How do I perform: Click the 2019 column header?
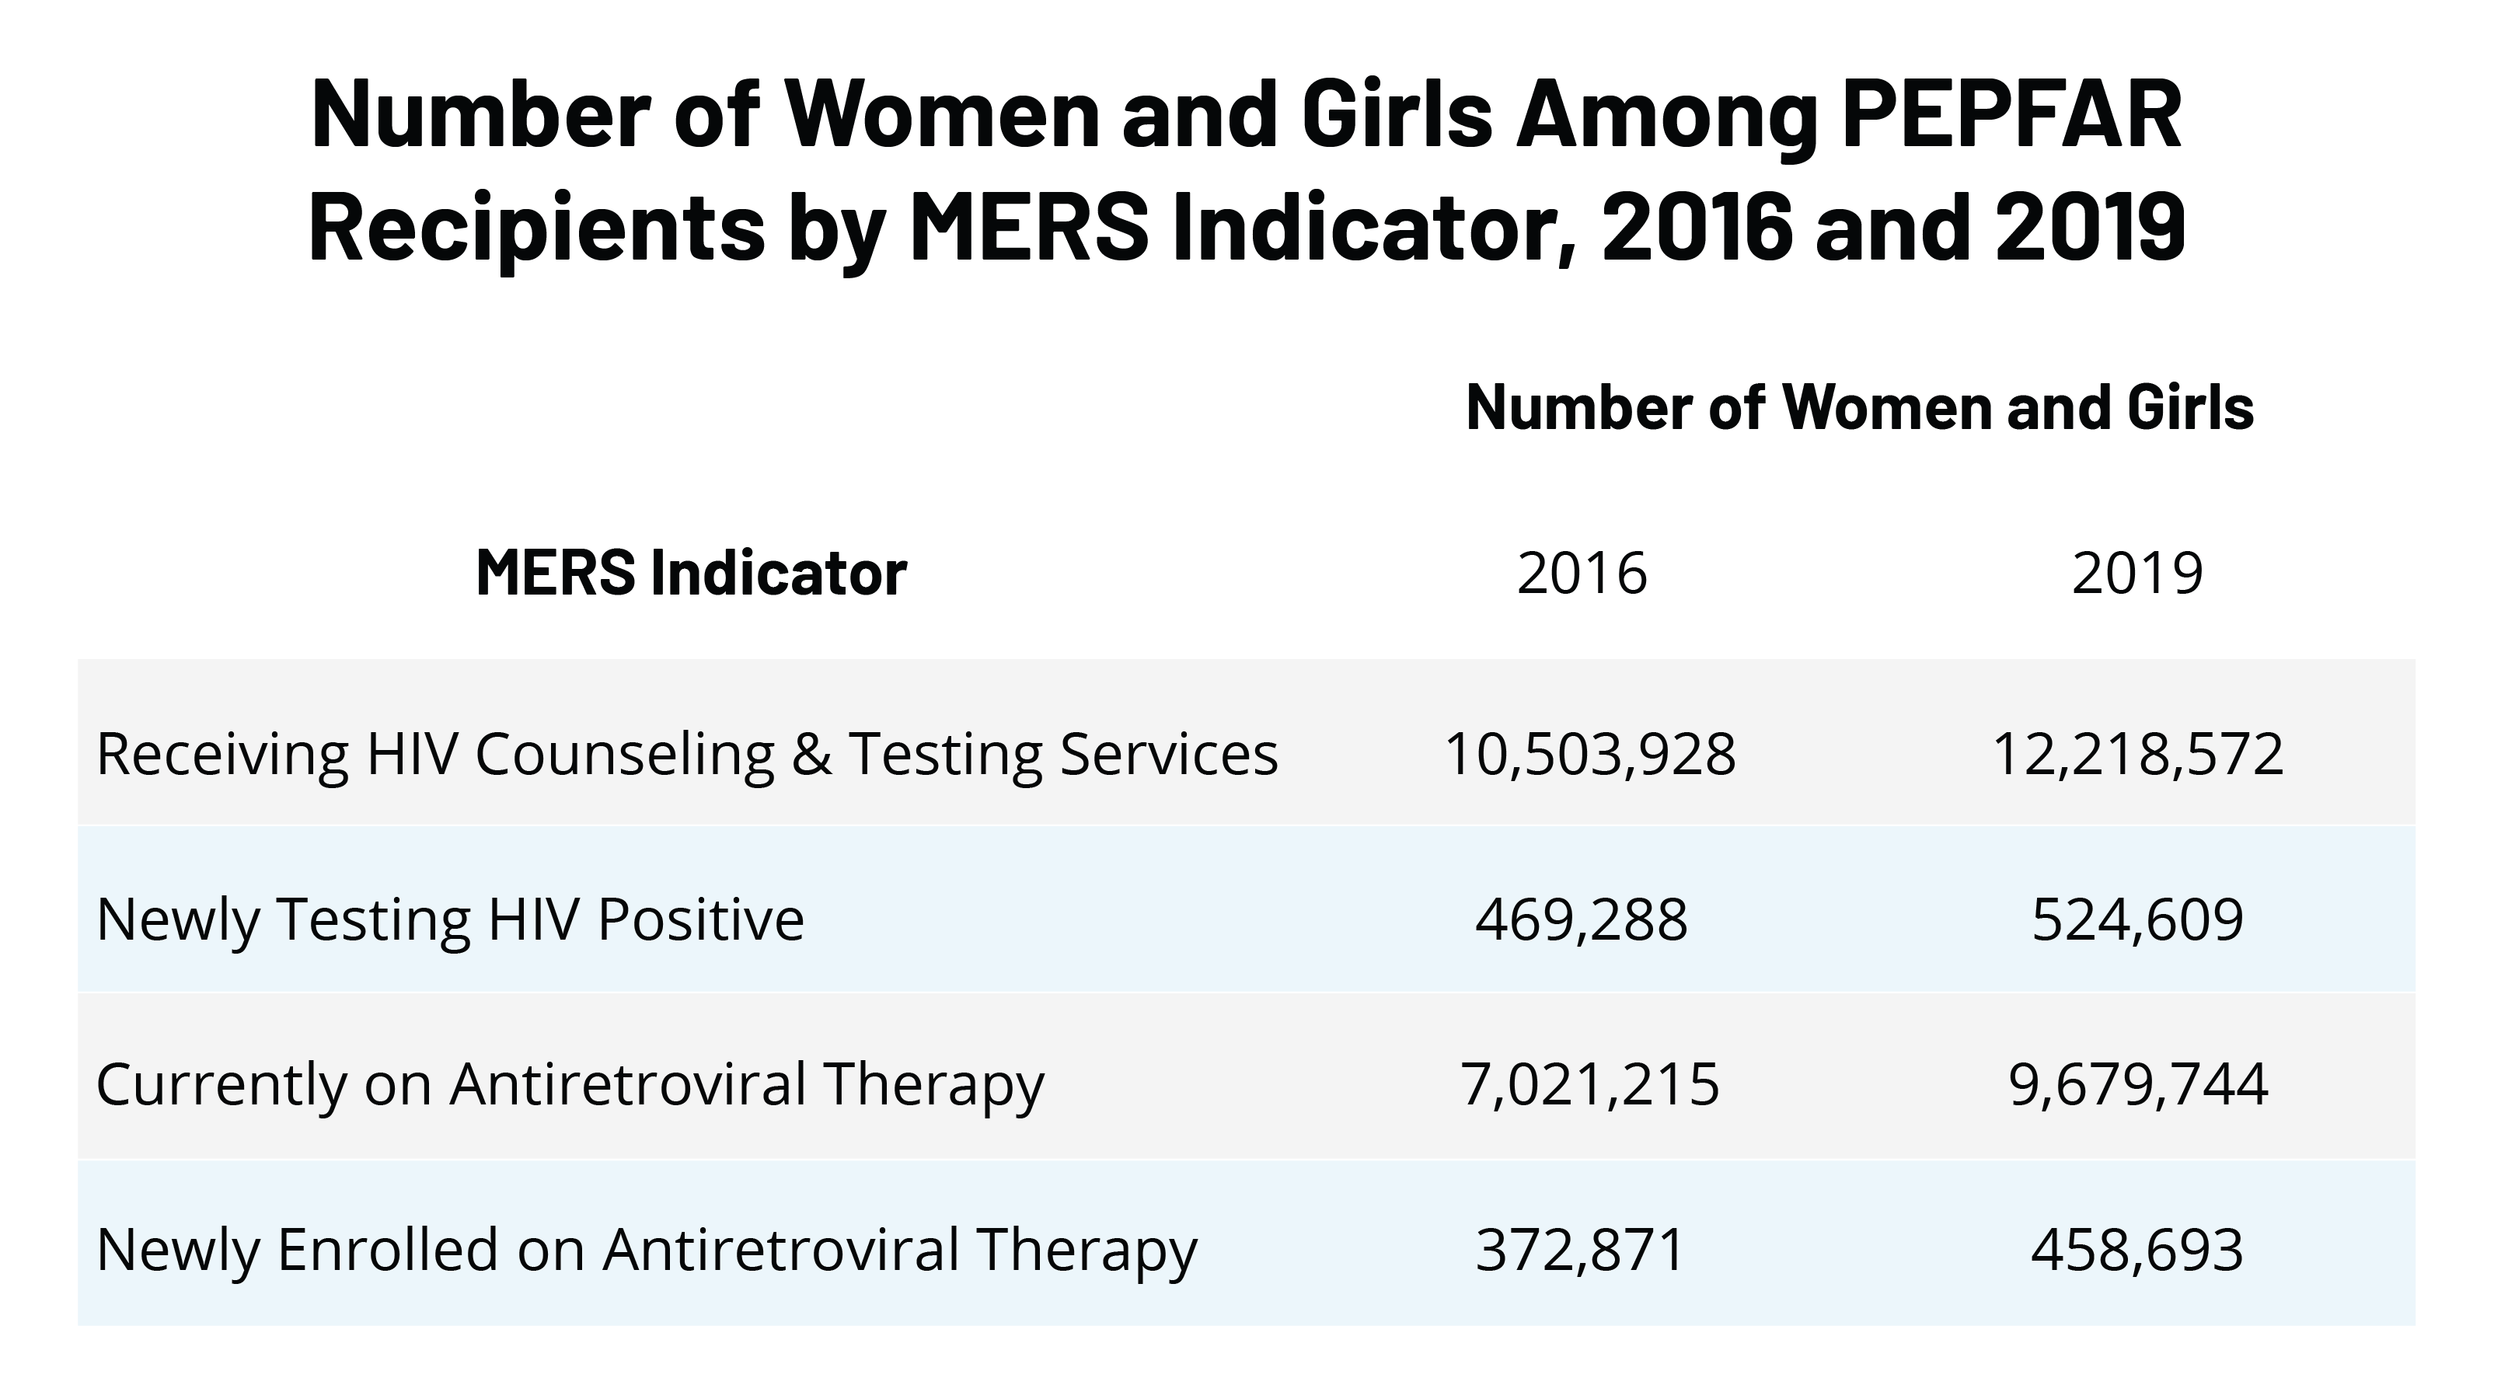(2136, 572)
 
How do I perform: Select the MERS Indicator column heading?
(691, 572)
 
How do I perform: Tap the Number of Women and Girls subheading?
(1859, 406)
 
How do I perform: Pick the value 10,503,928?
(1589, 753)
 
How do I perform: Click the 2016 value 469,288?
(1581, 919)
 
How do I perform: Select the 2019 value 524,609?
(2136, 919)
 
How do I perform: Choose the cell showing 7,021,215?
(1589, 1083)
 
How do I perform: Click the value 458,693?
(2136, 1249)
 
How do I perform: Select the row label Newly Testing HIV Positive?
(450, 919)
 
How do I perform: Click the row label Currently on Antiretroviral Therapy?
(570, 1083)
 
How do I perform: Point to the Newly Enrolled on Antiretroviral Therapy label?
(647, 1249)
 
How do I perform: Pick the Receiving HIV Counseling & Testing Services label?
(686, 753)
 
